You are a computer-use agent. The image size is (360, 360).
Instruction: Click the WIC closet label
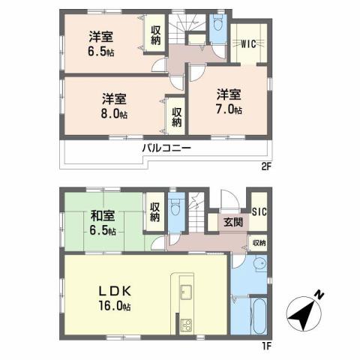248,43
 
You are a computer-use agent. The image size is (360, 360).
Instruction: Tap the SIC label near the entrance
257,211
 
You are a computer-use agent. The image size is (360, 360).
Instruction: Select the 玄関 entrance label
231,222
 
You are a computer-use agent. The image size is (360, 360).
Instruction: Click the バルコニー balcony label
166,148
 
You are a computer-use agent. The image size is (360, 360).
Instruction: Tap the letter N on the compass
320,294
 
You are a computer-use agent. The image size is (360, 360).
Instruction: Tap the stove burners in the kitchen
185,325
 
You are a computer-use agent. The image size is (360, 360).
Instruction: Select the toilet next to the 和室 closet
175,208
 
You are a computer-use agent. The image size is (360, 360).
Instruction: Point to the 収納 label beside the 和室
154,212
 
